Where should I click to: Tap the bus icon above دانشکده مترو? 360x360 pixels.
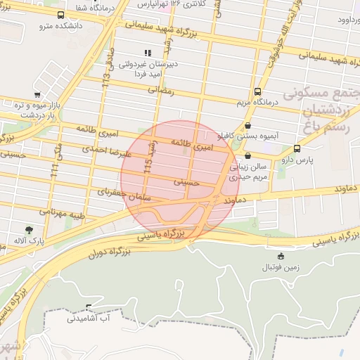coord(60,15)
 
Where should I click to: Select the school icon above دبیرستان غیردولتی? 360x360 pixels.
coord(148,53)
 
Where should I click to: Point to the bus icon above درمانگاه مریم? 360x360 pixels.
coord(257,91)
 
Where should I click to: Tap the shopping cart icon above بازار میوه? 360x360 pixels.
coord(37,95)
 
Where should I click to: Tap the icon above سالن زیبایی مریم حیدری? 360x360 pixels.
coord(247,155)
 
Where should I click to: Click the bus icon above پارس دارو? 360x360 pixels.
coord(297,148)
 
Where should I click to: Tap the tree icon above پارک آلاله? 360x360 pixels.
coord(29,229)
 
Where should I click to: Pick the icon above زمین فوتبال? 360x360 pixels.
coord(281,256)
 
